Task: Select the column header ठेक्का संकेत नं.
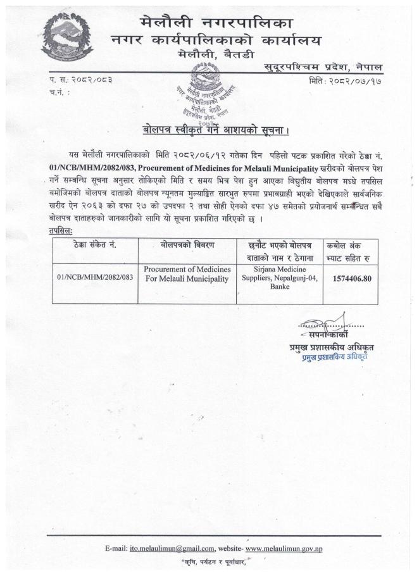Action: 93,244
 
